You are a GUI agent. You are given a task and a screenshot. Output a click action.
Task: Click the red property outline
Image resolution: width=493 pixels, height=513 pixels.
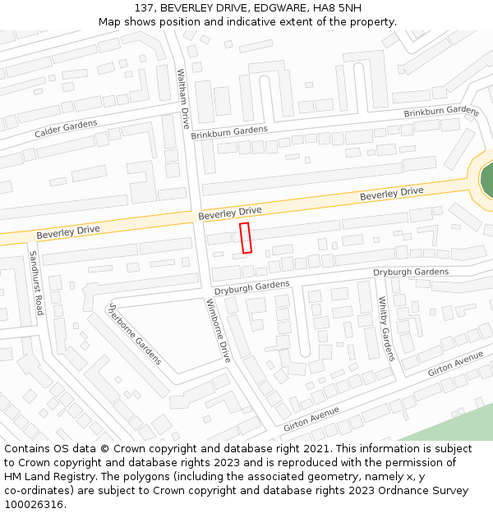click(245, 237)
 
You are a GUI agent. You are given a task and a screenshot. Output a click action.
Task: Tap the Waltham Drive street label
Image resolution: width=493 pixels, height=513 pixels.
click(184, 98)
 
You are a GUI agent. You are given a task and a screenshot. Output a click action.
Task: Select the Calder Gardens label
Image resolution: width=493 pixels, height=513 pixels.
click(66, 129)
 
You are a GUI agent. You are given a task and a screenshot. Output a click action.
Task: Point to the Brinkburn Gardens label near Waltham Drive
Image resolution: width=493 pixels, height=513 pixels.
click(229, 131)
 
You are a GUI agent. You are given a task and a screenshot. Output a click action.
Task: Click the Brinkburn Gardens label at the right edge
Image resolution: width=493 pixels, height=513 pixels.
click(441, 112)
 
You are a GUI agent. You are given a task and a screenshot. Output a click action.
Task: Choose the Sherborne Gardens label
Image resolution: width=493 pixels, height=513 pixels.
click(136, 333)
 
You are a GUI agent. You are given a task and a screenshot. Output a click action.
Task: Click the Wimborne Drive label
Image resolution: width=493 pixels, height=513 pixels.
click(219, 332)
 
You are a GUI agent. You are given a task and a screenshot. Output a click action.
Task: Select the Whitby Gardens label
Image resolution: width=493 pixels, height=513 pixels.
click(386, 328)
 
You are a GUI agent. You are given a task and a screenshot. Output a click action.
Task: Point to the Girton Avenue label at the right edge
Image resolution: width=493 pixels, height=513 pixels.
click(456, 364)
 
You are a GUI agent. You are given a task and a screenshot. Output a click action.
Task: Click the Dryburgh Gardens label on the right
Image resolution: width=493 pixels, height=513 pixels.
click(411, 272)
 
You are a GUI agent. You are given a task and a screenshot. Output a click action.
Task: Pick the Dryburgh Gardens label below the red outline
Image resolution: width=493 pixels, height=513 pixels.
click(252, 287)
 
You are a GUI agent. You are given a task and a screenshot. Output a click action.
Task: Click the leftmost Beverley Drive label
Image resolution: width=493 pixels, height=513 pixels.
click(68, 231)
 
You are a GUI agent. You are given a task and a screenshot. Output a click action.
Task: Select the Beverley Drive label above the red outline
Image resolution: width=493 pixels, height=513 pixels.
click(230, 212)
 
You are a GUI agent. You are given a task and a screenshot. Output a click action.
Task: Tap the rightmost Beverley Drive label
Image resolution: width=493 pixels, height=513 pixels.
click(392, 194)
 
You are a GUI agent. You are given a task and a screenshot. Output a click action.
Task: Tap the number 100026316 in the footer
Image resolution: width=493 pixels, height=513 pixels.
click(34, 504)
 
